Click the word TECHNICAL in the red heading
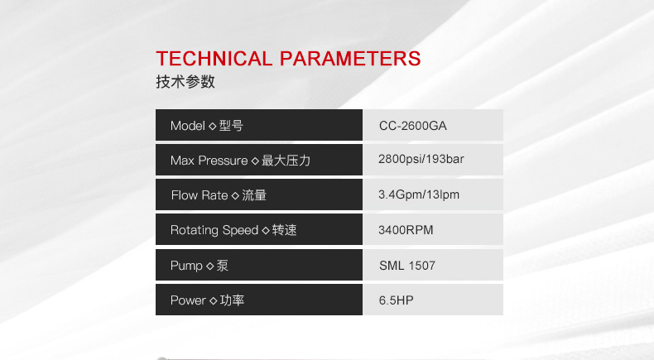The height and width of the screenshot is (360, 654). coord(214,59)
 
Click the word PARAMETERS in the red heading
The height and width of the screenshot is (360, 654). coord(350,59)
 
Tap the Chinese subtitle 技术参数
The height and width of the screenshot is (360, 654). coord(185,81)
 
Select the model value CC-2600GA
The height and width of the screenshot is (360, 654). coord(413,126)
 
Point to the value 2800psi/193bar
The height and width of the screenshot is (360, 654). coord(421,159)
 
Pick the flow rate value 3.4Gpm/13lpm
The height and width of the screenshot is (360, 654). coord(419,194)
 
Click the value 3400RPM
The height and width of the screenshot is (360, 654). coord(406,230)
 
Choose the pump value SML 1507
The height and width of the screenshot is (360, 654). coord(407,266)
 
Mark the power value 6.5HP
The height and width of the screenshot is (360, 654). coord(397,300)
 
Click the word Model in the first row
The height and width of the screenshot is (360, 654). coord(188,126)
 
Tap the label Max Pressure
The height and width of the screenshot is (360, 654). coord(209,161)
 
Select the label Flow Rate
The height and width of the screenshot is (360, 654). coord(200,195)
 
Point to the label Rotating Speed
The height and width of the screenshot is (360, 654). coord(214,230)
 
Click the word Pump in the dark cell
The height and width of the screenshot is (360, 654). coord(186,266)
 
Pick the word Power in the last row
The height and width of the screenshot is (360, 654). coord(188,300)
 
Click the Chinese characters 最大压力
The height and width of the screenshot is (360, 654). coord(286,161)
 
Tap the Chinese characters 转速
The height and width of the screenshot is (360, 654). coord(285,230)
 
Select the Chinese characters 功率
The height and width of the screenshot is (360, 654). coord(232,300)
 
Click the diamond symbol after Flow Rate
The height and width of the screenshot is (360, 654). coord(235,195)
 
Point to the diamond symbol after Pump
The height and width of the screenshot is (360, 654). coord(209,266)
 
